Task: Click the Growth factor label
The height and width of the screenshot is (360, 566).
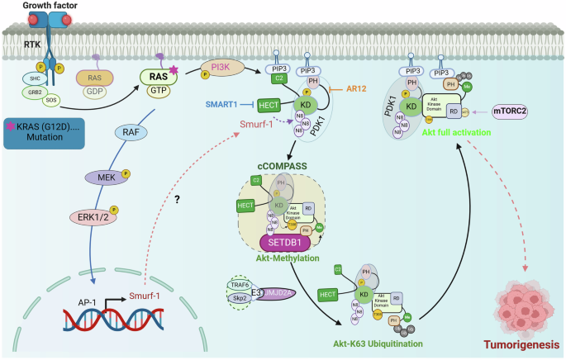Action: point(31,6)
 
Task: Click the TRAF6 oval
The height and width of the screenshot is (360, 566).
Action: point(237,284)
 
